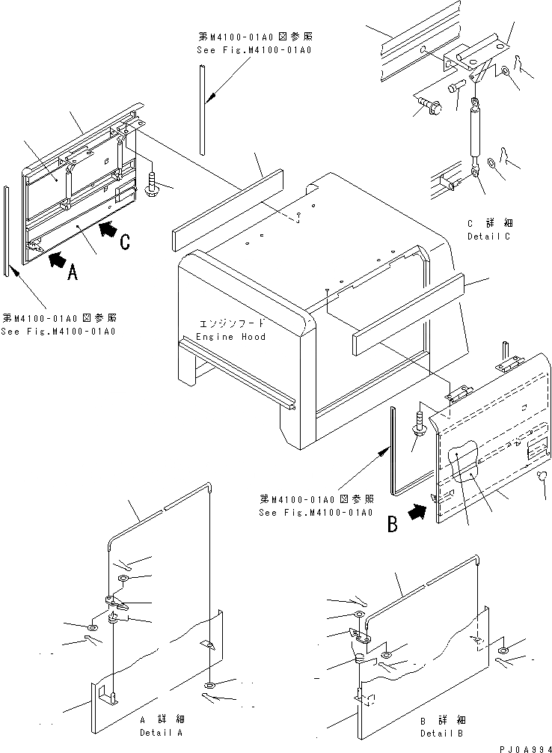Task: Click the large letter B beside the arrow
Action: [x=391, y=525]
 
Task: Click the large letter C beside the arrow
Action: [x=126, y=241]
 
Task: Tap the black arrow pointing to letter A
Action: [x=55, y=260]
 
